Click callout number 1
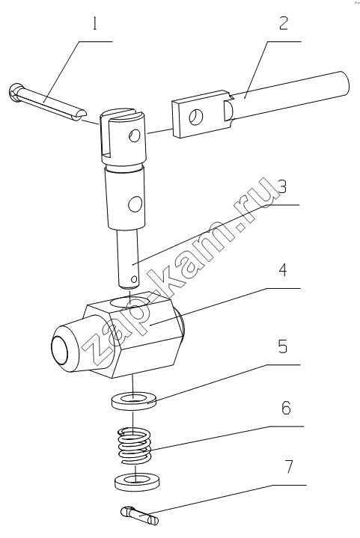pyautogui.click(x=95, y=25)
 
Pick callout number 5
pyautogui.click(x=282, y=347)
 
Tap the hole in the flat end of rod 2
pyautogui.click(x=197, y=117)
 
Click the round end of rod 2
pyautogui.click(x=344, y=83)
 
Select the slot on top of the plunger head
pyautogui.click(x=124, y=111)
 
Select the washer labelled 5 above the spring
pyautogui.click(x=133, y=401)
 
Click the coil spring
pyautogui.click(x=135, y=446)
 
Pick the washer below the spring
pyautogui.click(x=136, y=482)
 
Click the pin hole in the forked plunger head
pyautogui.click(x=135, y=136)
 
